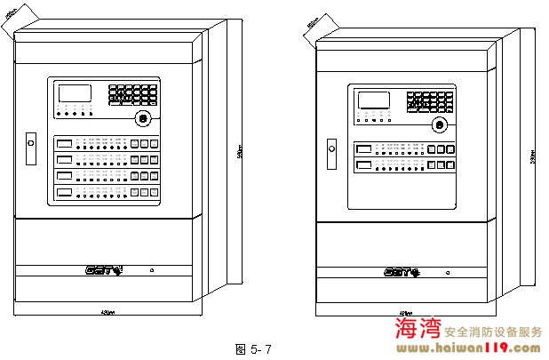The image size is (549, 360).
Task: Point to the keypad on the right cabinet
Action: click(x=430, y=101)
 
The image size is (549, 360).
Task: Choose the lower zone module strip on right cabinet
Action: click(x=404, y=165)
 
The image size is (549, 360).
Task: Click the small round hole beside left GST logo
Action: click(x=151, y=269)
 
